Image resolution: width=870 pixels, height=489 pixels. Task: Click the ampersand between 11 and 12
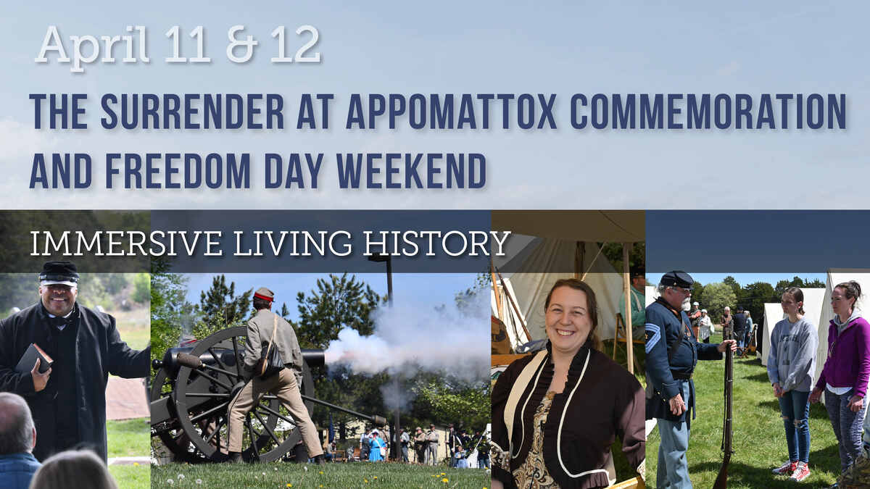241,46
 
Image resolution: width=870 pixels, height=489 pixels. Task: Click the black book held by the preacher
34,357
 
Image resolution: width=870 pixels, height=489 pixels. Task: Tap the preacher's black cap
59,272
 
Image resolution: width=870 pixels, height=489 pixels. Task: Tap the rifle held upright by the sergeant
726,406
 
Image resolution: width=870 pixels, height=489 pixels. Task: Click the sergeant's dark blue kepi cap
676,279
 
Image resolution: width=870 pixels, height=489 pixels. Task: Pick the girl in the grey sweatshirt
792,369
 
